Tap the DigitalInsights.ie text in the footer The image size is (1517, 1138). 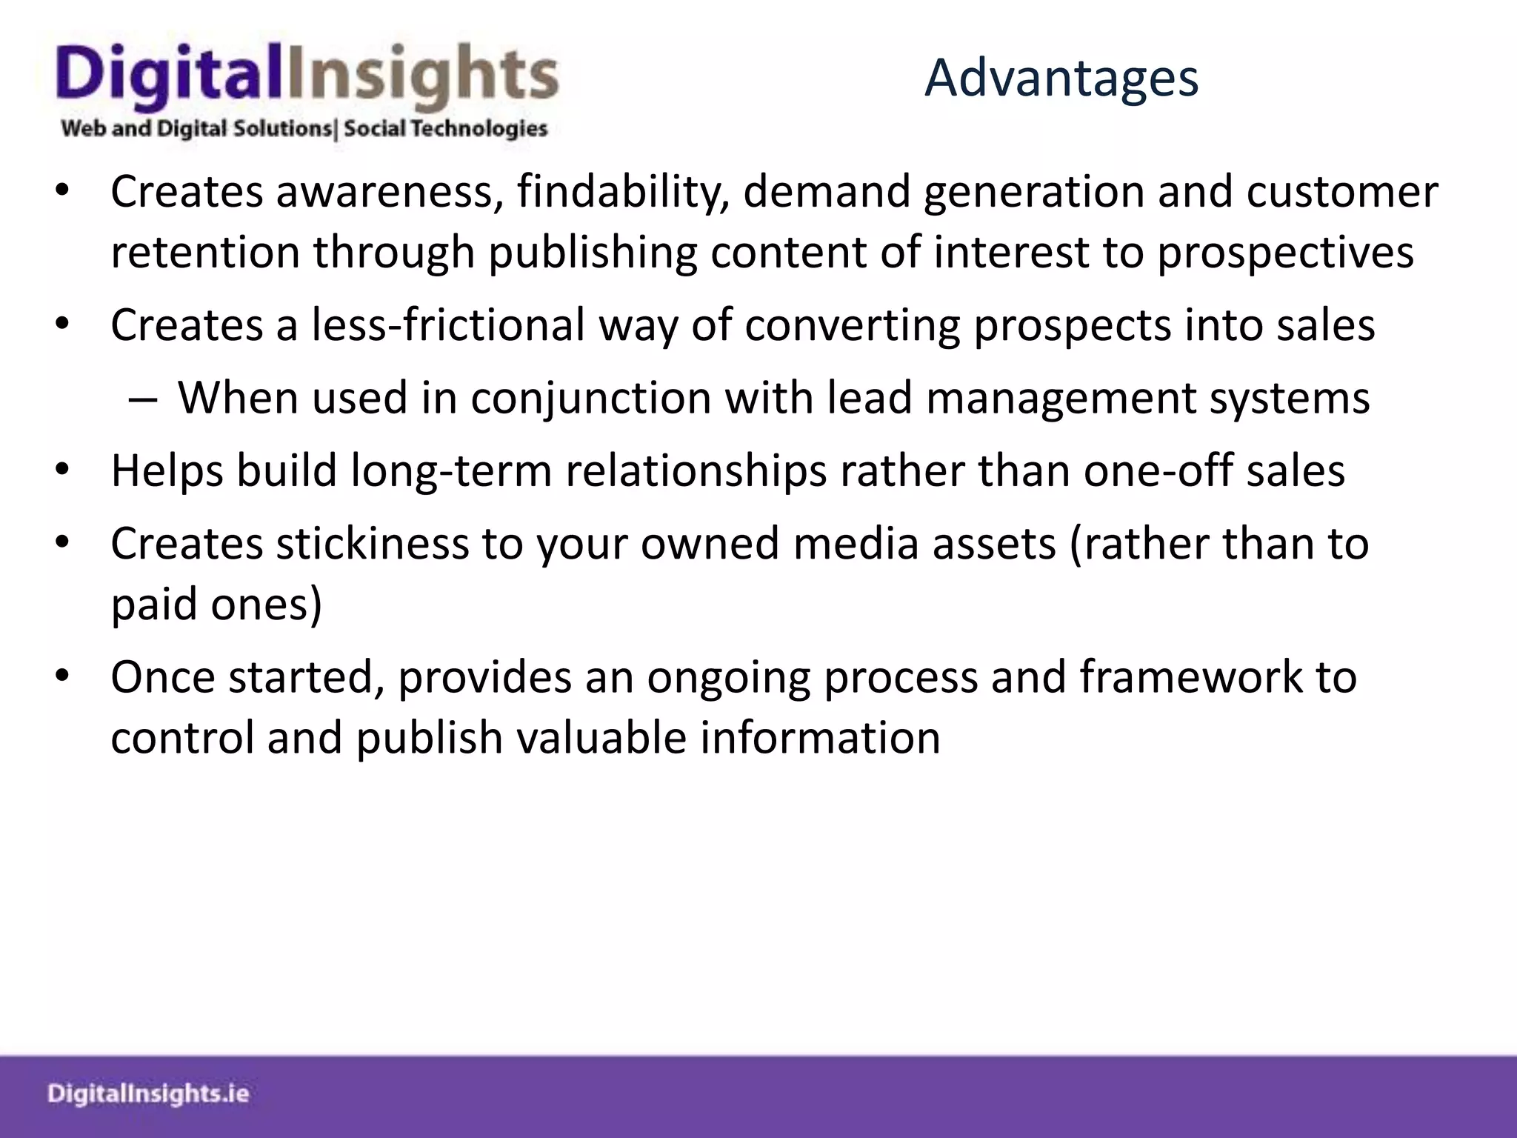click(x=148, y=1094)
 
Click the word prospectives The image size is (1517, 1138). click(x=1285, y=253)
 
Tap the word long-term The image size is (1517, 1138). click(x=451, y=471)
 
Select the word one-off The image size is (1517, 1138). click(x=1158, y=471)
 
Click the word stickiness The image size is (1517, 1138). click(x=373, y=544)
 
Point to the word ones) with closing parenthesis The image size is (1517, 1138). click(x=267, y=605)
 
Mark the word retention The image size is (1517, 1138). click(x=205, y=253)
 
